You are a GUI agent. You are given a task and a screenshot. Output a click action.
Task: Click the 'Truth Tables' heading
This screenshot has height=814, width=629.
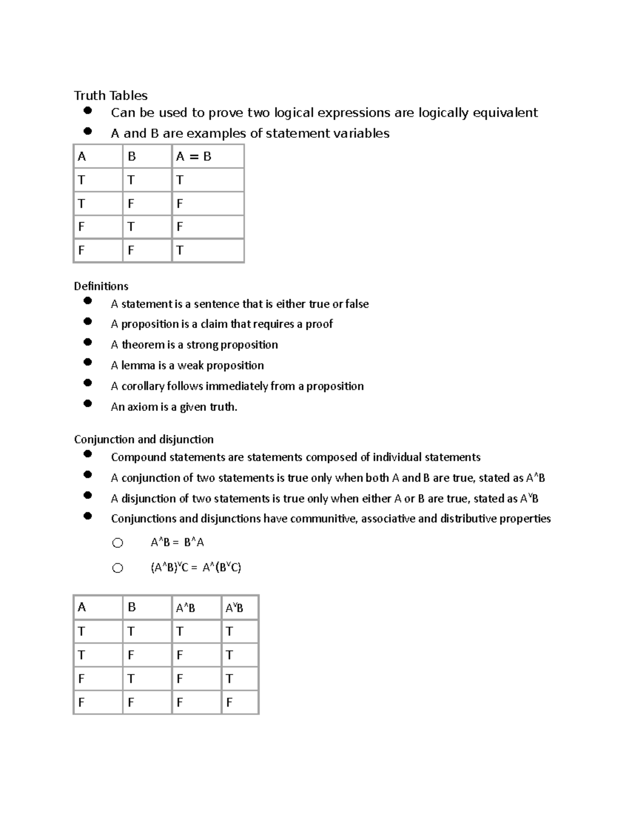tap(111, 95)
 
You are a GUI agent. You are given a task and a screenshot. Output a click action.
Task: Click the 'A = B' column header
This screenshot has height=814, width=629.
tap(193, 156)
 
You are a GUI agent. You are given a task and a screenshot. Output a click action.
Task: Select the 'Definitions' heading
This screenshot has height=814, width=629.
tap(101, 286)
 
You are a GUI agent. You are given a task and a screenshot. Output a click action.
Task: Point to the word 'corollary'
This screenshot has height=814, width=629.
tap(143, 386)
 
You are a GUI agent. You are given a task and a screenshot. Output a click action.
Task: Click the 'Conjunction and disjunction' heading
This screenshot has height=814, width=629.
tap(144, 439)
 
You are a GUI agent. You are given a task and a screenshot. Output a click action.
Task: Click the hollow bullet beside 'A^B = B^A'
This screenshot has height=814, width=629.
tap(117, 543)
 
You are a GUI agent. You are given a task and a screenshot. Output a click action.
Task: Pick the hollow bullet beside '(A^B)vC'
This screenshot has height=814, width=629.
tap(117, 568)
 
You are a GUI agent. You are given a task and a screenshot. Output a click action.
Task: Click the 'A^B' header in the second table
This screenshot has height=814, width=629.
tap(186, 608)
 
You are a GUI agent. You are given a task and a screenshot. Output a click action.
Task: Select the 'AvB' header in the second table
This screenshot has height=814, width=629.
tap(234, 608)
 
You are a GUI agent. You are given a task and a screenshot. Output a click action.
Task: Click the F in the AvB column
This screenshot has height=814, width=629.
tap(229, 702)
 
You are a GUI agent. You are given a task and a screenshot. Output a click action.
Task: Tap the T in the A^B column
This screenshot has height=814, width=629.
tap(180, 632)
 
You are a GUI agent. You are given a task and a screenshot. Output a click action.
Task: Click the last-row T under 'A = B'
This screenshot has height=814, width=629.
tap(180, 251)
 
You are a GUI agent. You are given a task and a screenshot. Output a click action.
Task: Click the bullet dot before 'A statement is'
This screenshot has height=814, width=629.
tap(88, 301)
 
